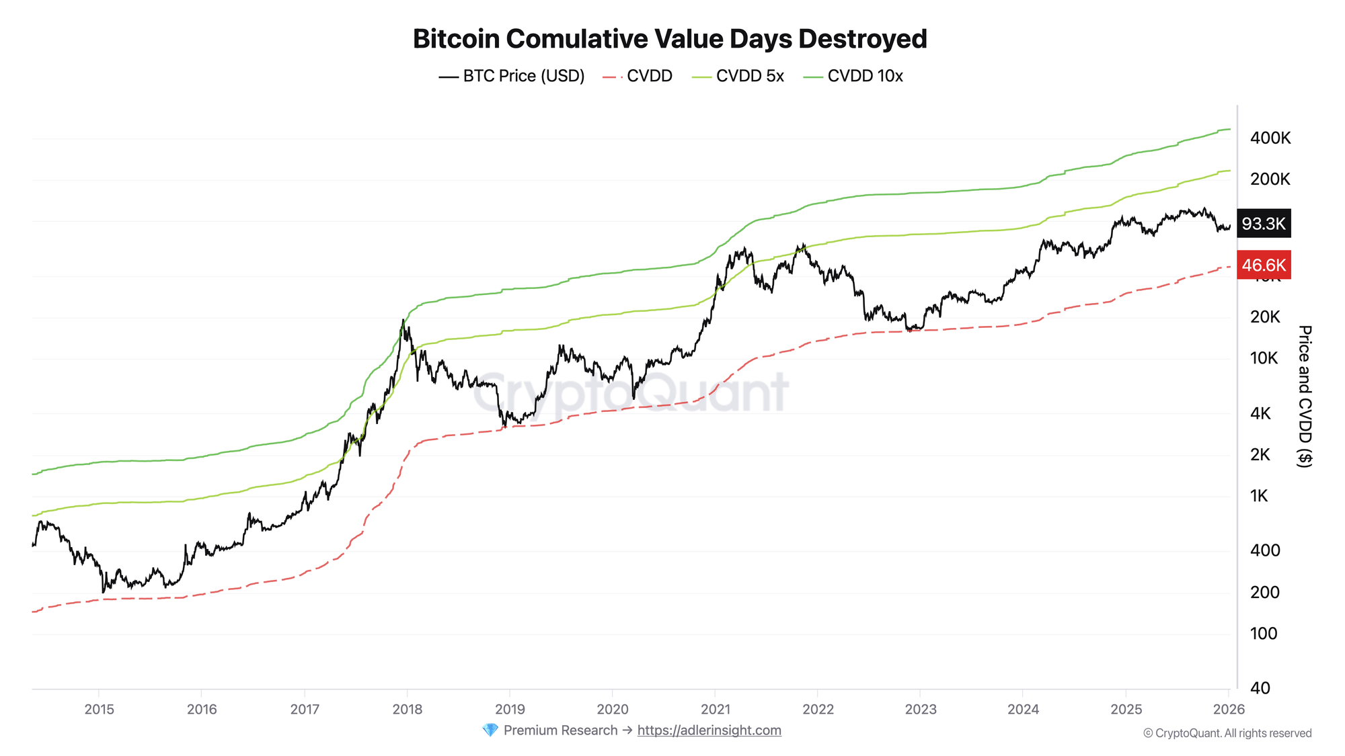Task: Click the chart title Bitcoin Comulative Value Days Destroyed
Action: (670, 39)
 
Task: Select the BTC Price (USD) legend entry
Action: (512, 76)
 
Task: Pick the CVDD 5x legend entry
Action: (738, 76)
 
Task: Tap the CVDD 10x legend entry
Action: (853, 76)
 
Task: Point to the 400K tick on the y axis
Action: (1270, 138)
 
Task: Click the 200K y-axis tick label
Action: (1270, 179)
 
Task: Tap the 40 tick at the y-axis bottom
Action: (1260, 688)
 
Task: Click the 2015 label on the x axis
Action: (100, 709)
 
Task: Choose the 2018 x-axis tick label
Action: (407, 709)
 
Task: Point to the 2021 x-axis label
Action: (715, 709)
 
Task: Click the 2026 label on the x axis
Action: (1229, 709)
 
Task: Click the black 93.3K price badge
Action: (1264, 224)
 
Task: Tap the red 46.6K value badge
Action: (1264, 265)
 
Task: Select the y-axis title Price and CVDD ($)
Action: (1304, 396)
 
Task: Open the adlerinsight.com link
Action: (709, 730)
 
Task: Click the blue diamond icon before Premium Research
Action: (490, 730)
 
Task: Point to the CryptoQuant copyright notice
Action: (1227, 733)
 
